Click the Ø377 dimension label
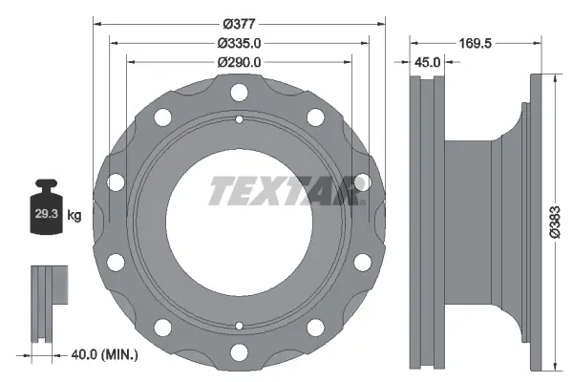239,24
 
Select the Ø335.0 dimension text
239,43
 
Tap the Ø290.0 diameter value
239,62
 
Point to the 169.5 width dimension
475,43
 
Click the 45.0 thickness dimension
427,62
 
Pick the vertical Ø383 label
555,222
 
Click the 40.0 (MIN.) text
104,354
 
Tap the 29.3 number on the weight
47,214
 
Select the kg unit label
74,215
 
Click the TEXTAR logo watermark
287,190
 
